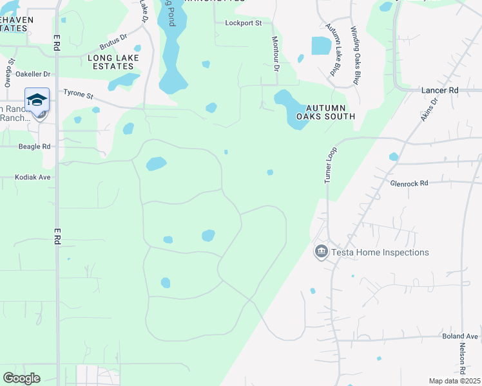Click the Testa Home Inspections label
point(380,252)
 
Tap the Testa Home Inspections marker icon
point(322,252)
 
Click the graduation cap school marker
point(37,100)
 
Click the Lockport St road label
point(244,23)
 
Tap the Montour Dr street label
point(276,53)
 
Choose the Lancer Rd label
point(439,91)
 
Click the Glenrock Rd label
point(409,183)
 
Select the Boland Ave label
point(460,336)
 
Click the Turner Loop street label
point(330,165)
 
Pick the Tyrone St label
point(79,95)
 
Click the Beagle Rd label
point(34,147)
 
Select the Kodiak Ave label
point(34,177)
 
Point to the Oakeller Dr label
point(32,74)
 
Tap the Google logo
point(22,378)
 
